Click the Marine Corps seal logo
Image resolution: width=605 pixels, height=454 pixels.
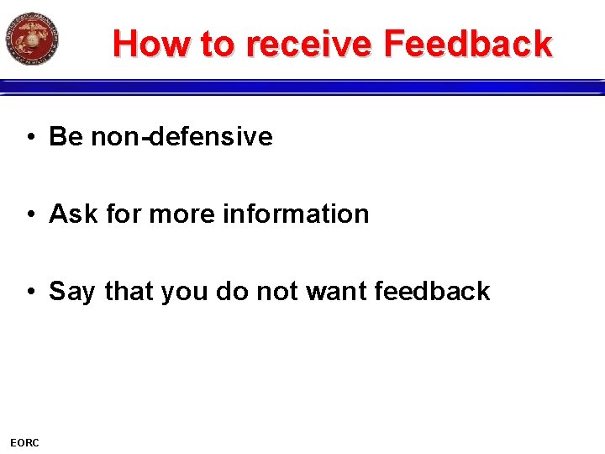tap(32, 39)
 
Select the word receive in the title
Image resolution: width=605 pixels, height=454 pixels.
tap(308, 44)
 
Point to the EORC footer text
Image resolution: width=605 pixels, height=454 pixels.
tap(24, 442)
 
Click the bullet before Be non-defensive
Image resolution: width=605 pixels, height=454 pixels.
tap(30, 137)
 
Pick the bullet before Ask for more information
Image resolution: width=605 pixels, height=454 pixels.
tap(30, 214)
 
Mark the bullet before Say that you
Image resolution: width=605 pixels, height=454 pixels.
tap(30, 292)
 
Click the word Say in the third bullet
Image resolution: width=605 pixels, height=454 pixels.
tap(72, 292)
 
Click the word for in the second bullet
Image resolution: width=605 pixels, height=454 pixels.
tap(124, 214)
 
